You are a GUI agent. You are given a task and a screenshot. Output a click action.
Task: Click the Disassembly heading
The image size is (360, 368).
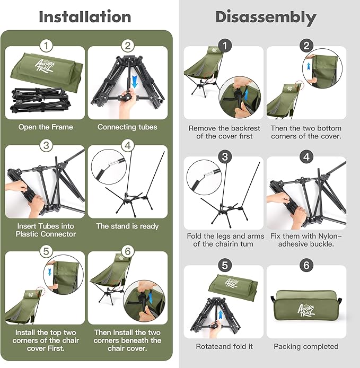266,16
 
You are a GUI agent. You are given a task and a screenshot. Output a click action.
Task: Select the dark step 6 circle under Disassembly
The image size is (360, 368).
306,265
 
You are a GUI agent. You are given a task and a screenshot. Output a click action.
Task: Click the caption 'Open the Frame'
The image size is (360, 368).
46,127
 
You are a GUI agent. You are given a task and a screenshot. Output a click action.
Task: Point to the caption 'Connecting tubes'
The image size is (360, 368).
127,127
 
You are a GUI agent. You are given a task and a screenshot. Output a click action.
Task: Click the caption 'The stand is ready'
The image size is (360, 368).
127,226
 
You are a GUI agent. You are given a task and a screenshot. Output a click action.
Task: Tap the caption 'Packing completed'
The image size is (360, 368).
306,346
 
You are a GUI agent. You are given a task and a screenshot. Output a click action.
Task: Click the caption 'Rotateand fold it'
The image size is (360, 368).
224,346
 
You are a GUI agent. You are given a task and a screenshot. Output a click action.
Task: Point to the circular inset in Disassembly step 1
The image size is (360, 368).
240,98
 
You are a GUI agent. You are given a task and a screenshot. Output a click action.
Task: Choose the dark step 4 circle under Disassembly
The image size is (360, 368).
306,156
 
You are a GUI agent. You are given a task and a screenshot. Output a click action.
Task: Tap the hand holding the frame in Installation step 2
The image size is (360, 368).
126,104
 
